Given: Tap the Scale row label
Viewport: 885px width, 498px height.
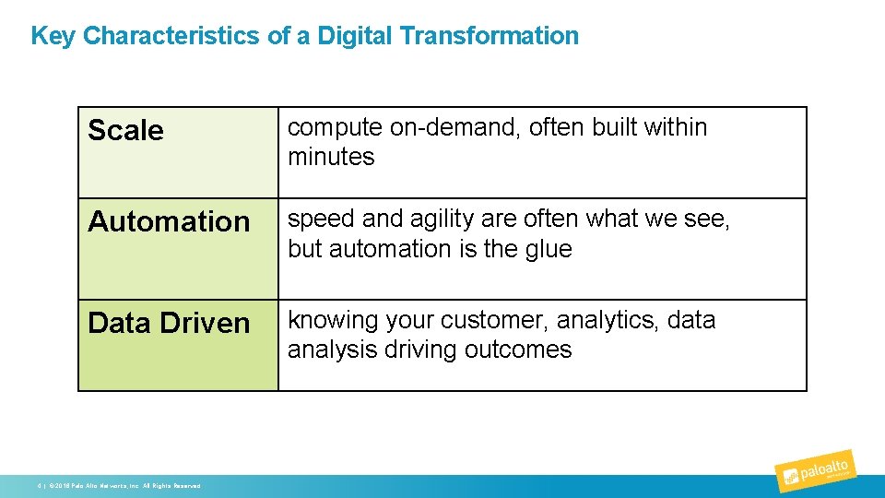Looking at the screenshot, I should pyautogui.click(x=125, y=131).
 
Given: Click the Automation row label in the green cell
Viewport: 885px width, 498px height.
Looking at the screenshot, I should pyautogui.click(x=169, y=222).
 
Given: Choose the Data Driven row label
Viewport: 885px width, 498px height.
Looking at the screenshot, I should pyautogui.click(x=169, y=324).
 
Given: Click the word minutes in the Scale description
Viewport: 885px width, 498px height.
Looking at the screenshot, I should pyautogui.click(x=331, y=157).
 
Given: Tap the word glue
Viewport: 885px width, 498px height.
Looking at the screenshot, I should pyautogui.click(x=548, y=249).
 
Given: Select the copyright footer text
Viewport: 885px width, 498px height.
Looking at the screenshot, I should pyautogui.click(x=120, y=485).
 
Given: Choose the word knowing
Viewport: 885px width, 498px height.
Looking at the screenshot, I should pyautogui.click(x=330, y=321).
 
